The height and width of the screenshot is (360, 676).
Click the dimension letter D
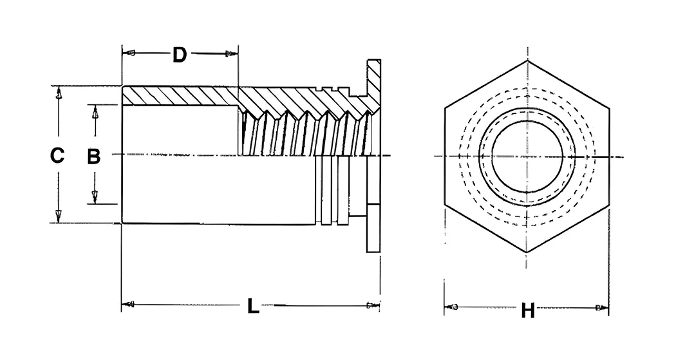(x=180, y=55)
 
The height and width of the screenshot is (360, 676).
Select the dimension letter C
(x=57, y=156)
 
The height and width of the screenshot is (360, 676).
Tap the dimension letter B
(x=93, y=156)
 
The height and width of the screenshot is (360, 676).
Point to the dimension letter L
(x=253, y=306)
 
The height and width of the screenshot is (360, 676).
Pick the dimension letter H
(x=528, y=310)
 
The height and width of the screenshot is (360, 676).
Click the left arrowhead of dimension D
(x=129, y=53)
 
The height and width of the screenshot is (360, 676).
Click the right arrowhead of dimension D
(x=232, y=53)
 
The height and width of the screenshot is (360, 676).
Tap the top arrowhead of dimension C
(x=59, y=93)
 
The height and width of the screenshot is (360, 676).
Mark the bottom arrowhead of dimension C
(x=59, y=216)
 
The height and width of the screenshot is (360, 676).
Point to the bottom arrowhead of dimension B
(x=95, y=197)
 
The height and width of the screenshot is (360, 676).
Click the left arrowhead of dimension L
(x=129, y=305)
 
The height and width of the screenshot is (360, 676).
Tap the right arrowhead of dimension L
(x=373, y=306)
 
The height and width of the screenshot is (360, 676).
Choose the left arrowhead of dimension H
(x=451, y=307)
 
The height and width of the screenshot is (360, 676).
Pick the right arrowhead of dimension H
(x=602, y=308)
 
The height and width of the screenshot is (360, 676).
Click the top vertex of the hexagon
(x=527, y=61)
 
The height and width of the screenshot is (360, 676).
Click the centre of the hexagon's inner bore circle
(x=527, y=156)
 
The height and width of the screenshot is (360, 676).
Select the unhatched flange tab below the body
(x=373, y=229)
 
